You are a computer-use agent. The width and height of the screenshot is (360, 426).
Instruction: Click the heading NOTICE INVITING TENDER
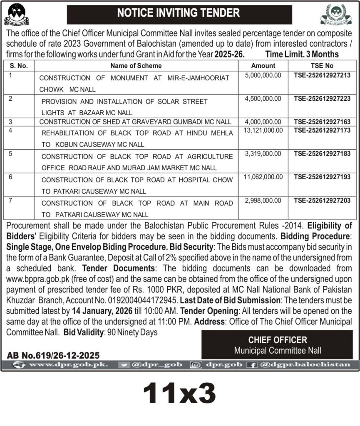pyautogui.click(x=179, y=12)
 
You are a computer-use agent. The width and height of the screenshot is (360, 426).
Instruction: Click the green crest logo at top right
pyautogui.click(x=335, y=14)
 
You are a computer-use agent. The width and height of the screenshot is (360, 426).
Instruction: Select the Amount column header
pyautogui.click(x=263, y=65)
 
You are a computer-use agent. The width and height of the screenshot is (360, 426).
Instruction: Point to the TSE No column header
pyautogui.click(x=322, y=65)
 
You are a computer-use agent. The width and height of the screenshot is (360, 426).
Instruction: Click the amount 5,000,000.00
pyautogui.click(x=263, y=75)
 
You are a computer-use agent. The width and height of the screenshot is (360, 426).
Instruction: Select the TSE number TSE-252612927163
pyautogui.click(x=322, y=122)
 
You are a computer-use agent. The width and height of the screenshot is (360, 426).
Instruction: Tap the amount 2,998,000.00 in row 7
pyautogui.click(x=263, y=201)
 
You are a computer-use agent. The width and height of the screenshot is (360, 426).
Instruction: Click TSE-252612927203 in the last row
pyautogui.click(x=322, y=201)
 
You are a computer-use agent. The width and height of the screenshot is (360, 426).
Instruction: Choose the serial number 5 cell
pyautogui.click(x=11, y=154)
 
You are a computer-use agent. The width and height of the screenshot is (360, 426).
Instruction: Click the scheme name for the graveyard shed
pyautogui.click(x=136, y=122)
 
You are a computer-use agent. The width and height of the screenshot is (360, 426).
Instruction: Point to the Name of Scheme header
pyautogui.click(x=136, y=65)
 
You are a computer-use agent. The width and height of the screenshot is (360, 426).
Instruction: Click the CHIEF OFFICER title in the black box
pyautogui.click(x=278, y=340)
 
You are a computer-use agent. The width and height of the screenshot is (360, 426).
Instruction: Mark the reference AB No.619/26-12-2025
pyautogui.click(x=53, y=355)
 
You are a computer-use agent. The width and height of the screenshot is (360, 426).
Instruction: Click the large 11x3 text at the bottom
pyautogui.click(x=179, y=393)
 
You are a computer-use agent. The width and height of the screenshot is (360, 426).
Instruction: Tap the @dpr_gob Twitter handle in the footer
pyautogui.click(x=156, y=365)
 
